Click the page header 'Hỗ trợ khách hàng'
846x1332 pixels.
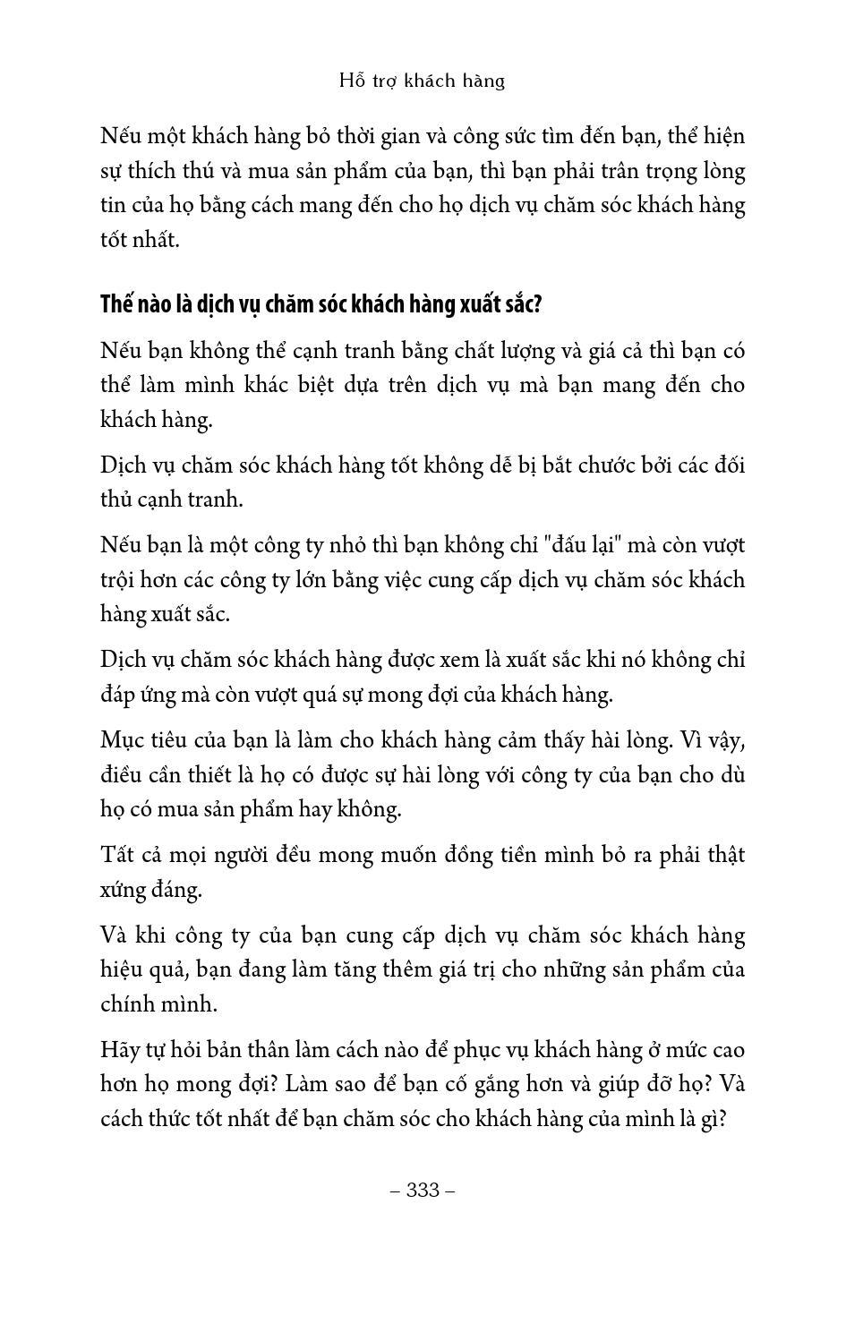pos(423,81)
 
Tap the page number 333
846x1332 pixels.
pos(423,1190)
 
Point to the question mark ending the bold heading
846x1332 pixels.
pos(538,304)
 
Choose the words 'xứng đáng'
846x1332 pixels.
pos(150,890)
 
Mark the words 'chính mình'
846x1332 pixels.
pos(158,1004)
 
